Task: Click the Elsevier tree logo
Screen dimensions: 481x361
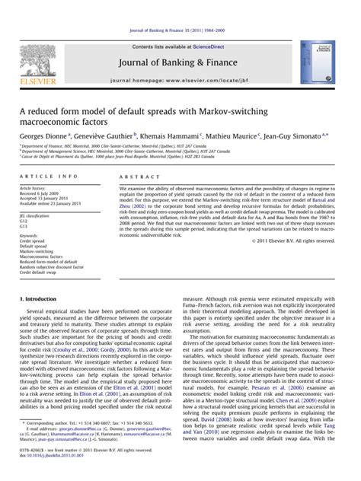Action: tap(37, 47)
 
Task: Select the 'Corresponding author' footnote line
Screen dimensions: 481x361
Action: tap(91, 443)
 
